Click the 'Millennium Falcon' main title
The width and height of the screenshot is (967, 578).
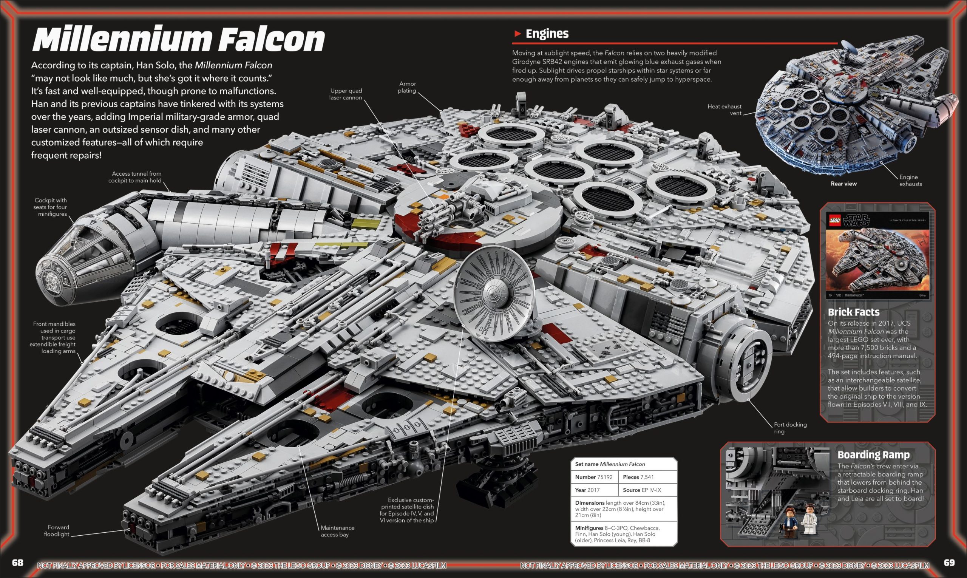click(178, 39)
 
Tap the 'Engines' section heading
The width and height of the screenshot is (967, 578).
click(547, 34)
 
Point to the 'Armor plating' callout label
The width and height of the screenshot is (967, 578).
click(407, 87)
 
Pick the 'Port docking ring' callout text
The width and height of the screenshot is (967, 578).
click(790, 428)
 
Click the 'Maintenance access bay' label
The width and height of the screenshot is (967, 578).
click(337, 531)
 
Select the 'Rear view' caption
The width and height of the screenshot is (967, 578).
click(843, 184)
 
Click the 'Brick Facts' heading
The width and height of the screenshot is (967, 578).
click(854, 312)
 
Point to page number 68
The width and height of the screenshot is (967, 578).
click(17, 563)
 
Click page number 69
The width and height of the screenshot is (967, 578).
click(949, 563)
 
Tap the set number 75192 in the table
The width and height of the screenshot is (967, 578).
click(604, 477)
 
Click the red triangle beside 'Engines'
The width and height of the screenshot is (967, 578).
click(517, 34)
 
